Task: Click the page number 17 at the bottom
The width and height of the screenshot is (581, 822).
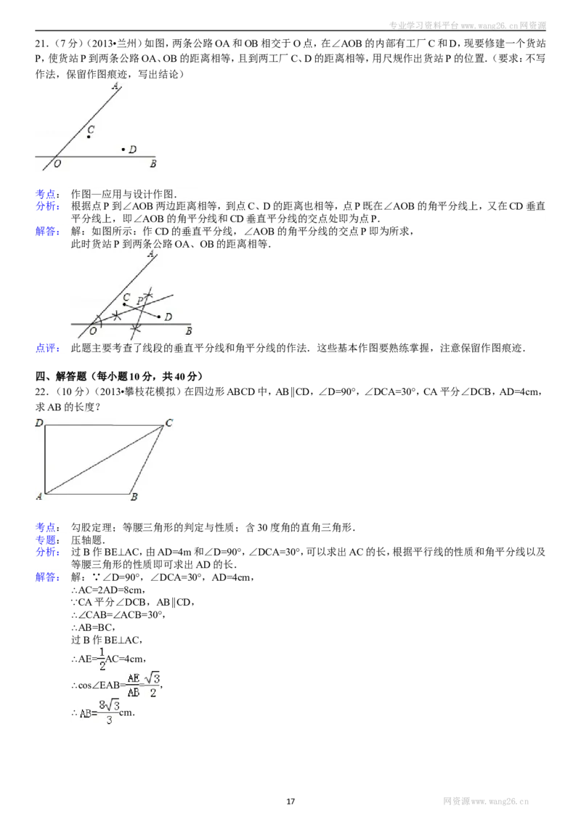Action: pos(290,801)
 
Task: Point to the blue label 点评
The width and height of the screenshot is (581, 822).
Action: pos(47,348)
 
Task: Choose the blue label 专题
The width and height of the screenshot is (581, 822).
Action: pos(47,540)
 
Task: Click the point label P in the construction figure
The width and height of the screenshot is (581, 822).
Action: pos(139,301)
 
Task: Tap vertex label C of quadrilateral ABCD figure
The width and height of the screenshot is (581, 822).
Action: pos(168,423)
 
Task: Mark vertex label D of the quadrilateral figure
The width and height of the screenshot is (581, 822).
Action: pos(39,423)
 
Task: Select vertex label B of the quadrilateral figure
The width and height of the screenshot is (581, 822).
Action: pos(134,497)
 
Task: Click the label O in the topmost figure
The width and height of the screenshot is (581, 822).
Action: pos(57,163)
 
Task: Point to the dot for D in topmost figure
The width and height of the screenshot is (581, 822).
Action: pos(123,150)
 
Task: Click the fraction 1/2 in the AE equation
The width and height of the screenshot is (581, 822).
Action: pos(102,659)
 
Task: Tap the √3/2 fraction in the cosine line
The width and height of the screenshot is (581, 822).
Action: pos(153,685)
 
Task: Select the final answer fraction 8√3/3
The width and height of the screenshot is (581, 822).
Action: pos(109,712)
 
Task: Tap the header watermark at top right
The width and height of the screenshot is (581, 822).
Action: pos(467,25)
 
